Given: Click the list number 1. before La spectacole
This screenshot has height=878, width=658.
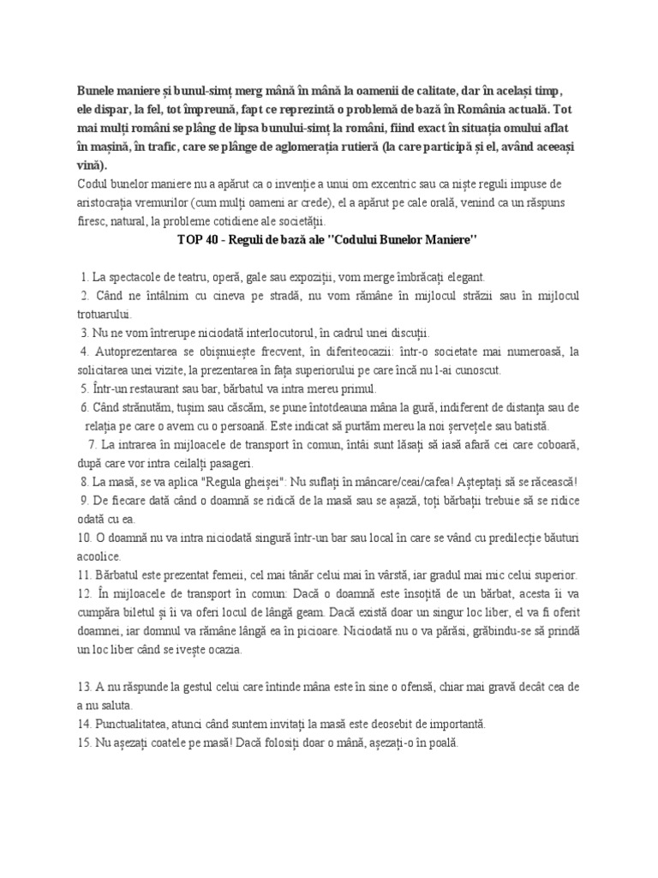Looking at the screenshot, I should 84,277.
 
